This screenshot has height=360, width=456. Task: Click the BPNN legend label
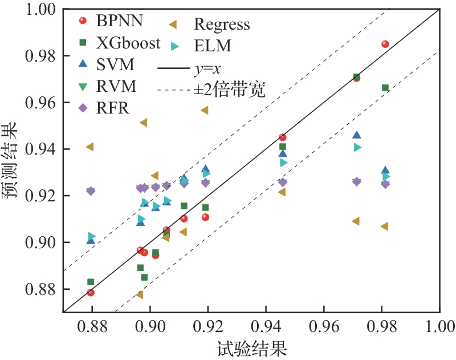pyautogui.click(x=120, y=22)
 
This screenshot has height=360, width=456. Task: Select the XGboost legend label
pyautogui.click(x=128, y=43)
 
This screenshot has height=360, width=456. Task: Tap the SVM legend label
pyautogui.click(x=116, y=64)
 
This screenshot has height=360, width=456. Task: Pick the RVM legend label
pyautogui.click(x=116, y=86)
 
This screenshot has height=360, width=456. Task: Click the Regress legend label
pyautogui.click(x=222, y=25)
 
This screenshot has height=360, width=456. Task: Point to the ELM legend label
pyautogui.click(x=213, y=45)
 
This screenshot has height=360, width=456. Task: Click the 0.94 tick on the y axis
pyautogui.click(x=39, y=149)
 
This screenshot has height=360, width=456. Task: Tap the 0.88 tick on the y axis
pyautogui.click(x=39, y=289)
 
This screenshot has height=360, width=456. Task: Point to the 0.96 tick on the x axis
pyautogui.click(x=324, y=327)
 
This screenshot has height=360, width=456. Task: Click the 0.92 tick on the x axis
pyautogui.click(x=208, y=327)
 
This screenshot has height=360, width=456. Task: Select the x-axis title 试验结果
pyautogui.click(x=251, y=347)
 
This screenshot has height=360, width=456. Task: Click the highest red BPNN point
pyautogui.click(x=385, y=44)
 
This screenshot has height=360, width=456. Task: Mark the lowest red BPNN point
pyautogui.click(x=91, y=293)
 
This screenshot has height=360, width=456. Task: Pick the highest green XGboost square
pyautogui.click(x=356, y=76)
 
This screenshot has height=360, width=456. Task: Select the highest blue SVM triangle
pyautogui.click(x=357, y=135)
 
